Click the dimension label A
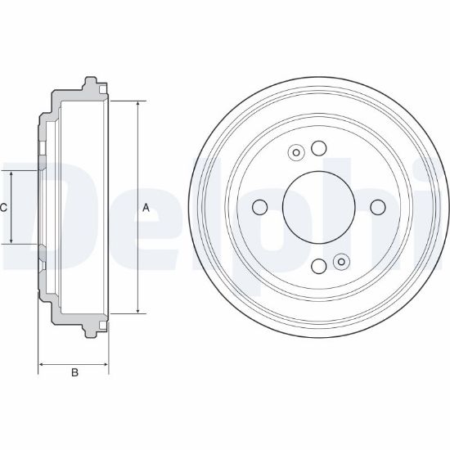[x=146, y=208]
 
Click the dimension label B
[x=74, y=372]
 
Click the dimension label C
[x=3, y=207]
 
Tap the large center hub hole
[x=319, y=207]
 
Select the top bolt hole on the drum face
[x=319, y=148]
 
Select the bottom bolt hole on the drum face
[x=319, y=267]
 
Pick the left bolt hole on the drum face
[x=259, y=207]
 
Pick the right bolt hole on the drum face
[x=378, y=207]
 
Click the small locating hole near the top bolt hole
[x=296, y=153]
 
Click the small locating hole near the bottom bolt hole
[x=341, y=262]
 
